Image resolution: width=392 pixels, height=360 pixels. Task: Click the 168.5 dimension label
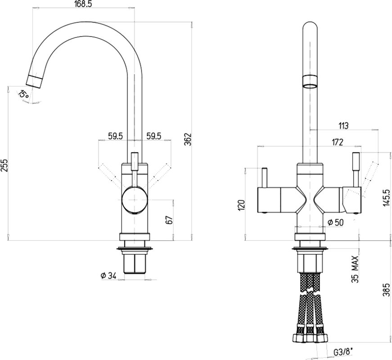[x=83, y=4]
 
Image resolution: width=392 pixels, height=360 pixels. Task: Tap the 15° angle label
[x=23, y=94]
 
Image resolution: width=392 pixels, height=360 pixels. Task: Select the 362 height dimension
[x=188, y=139]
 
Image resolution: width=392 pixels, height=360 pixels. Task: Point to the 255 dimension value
[x=4, y=165]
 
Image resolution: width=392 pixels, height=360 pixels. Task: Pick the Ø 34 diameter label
[x=108, y=276]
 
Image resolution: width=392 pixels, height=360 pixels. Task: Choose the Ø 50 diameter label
[x=335, y=222]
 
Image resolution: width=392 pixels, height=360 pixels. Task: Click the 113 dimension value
[x=343, y=126]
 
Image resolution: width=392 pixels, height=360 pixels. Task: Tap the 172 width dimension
[x=338, y=142]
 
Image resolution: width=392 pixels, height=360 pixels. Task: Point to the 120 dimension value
[x=242, y=205]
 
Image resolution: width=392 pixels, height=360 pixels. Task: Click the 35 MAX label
[x=355, y=269]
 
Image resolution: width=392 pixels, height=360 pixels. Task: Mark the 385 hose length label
[x=387, y=290]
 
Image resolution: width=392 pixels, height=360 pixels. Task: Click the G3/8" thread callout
[x=344, y=352]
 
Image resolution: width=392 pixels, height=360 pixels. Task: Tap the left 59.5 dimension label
[x=115, y=136]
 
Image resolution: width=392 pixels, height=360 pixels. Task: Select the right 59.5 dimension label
[x=154, y=136]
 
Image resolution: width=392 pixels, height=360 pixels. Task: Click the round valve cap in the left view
[x=135, y=200]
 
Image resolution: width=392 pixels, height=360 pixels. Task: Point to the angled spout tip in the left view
[x=34, y=81]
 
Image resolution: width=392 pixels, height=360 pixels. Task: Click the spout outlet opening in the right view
[x=310, y=86]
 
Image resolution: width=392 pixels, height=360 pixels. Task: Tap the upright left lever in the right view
[x=264, y=177]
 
